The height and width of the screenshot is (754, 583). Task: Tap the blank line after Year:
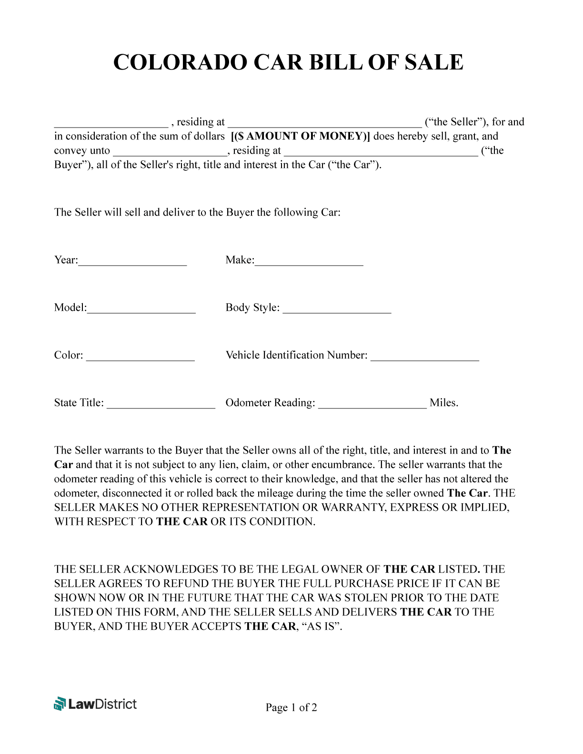coord(132,261)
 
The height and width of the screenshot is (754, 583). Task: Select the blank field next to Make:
coord(309,261)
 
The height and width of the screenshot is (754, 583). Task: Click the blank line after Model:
coord(141,309)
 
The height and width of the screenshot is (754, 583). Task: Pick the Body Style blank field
coord(337,309)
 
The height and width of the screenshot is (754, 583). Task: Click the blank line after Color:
coord(140,357)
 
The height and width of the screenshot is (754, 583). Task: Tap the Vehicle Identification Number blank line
coord(424,357)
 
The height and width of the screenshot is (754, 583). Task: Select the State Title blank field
coord(161,404)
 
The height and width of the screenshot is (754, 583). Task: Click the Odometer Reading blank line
coord(372,404)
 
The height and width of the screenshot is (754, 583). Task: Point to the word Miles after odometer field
coord(443,403)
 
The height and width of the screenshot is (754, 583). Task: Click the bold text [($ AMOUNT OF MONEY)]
coord(300,136)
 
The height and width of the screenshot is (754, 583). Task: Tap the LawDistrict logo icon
coord(60,704)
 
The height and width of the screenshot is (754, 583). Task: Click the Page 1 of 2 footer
coord(291,707)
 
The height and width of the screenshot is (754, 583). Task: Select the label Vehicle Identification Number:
coord(296,355)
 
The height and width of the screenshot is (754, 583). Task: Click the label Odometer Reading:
coord(270,403)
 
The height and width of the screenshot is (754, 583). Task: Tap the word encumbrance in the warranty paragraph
coord(346,465)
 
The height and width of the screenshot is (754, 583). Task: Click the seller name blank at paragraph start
coord(111,123)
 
